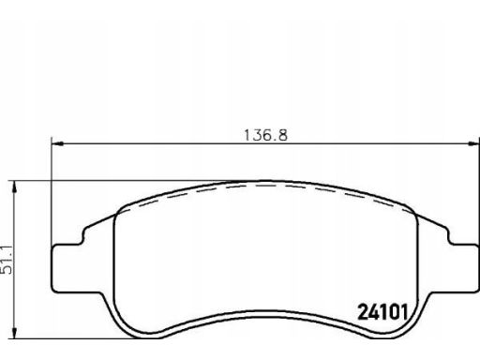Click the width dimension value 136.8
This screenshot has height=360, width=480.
point(265,135)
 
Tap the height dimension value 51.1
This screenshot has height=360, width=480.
point(7,260)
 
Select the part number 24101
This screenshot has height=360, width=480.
point(383,312)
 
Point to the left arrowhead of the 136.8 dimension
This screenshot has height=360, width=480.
point(57,143)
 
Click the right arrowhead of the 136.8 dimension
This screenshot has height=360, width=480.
point(473,143)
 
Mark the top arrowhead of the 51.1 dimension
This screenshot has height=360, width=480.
point(14,187)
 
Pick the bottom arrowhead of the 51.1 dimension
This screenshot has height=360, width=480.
point(14,332)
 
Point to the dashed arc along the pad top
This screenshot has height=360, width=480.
point(264,185)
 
